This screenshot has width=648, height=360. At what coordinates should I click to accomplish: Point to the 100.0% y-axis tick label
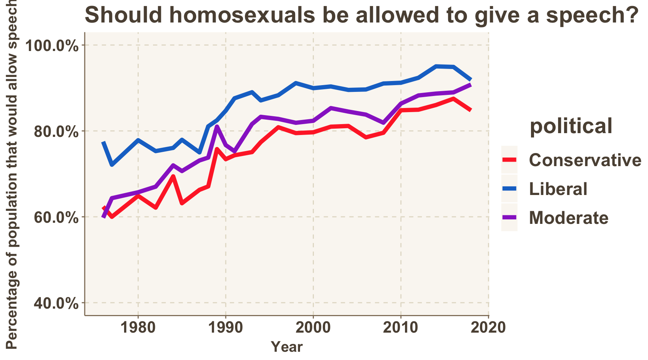click(x=52, y=46)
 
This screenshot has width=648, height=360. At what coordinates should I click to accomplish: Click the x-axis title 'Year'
click(x=286, y=347)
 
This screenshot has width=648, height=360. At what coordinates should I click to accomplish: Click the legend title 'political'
click(x=571, y=126)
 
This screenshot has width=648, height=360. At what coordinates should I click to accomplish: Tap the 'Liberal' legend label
click(x=558, y=189)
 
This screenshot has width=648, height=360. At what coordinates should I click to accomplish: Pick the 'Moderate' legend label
click(x=568, y=218)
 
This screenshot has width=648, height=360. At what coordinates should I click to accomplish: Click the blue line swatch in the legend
click(x=509, y=189)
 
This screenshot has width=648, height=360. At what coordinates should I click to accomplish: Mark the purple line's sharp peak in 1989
click(x=217, y=127)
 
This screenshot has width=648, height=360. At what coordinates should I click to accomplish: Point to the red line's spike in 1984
click(x=173, y=176)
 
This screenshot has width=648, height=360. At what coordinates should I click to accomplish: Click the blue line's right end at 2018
click(x=471, y=79)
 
